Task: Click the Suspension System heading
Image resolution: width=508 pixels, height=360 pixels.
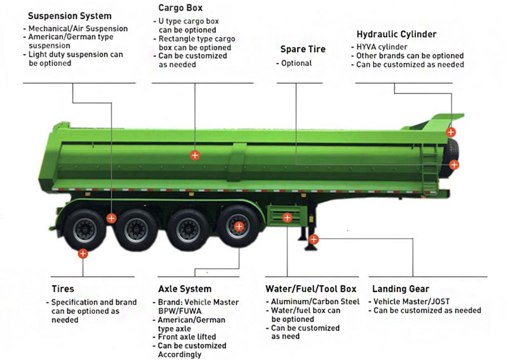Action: (x=70, y=16)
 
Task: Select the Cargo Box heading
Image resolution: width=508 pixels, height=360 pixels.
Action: (x=181, y=8)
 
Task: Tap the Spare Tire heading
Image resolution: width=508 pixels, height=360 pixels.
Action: (x=303, y=49)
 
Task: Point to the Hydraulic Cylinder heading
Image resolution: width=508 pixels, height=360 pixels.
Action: (x=396, y=34)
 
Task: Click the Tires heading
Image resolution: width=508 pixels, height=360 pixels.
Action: (x=62, y=289)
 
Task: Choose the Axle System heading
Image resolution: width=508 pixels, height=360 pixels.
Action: (x=185, y=289)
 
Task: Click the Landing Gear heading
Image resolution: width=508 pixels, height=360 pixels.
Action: (x=401, y=289)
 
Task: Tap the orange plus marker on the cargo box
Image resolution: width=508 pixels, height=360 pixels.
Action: (x=195, y=154)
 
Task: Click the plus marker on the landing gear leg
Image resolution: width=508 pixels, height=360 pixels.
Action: (x=314, y=239)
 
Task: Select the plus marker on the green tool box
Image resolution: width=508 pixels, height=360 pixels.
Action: (x=287, y=218)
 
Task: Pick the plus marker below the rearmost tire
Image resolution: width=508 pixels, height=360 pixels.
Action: (x=83, y=253)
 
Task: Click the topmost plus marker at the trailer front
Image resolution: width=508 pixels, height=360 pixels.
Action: (x=450, y=132)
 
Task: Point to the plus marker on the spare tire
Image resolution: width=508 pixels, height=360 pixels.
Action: (x=454, y=164)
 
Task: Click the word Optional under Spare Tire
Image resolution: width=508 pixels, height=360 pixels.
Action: (x=296, y=63)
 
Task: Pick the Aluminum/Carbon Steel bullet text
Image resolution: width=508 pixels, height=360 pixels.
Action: (x=315, y=302)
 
